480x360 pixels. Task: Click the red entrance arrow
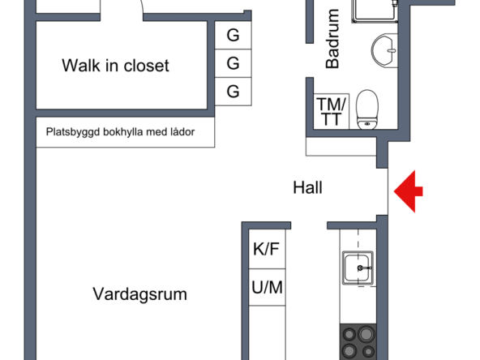pos(408,191)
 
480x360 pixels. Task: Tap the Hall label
pos(307,187)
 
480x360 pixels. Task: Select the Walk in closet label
pos(115,65)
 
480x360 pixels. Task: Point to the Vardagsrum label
pos(140,294)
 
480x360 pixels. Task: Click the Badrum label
pos(332,39)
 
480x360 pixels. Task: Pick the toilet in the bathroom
pos(367,109)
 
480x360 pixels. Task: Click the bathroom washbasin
pos(384,50)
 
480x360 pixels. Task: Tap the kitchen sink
pos(358,268)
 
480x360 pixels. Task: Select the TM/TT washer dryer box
pos(332,111)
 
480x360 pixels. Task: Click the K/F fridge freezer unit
pos(267,249)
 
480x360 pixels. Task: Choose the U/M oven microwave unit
pos(267,287)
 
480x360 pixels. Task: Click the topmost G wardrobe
pos(233,35)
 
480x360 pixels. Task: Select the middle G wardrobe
pos(233,63)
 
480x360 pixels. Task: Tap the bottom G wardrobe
pos(233,92)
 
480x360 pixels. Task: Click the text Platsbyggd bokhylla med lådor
pos(120,132)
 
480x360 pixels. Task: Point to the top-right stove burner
pos(366,334)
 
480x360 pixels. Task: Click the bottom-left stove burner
pos(349,350)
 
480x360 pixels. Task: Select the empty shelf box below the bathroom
pos(341,146)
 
